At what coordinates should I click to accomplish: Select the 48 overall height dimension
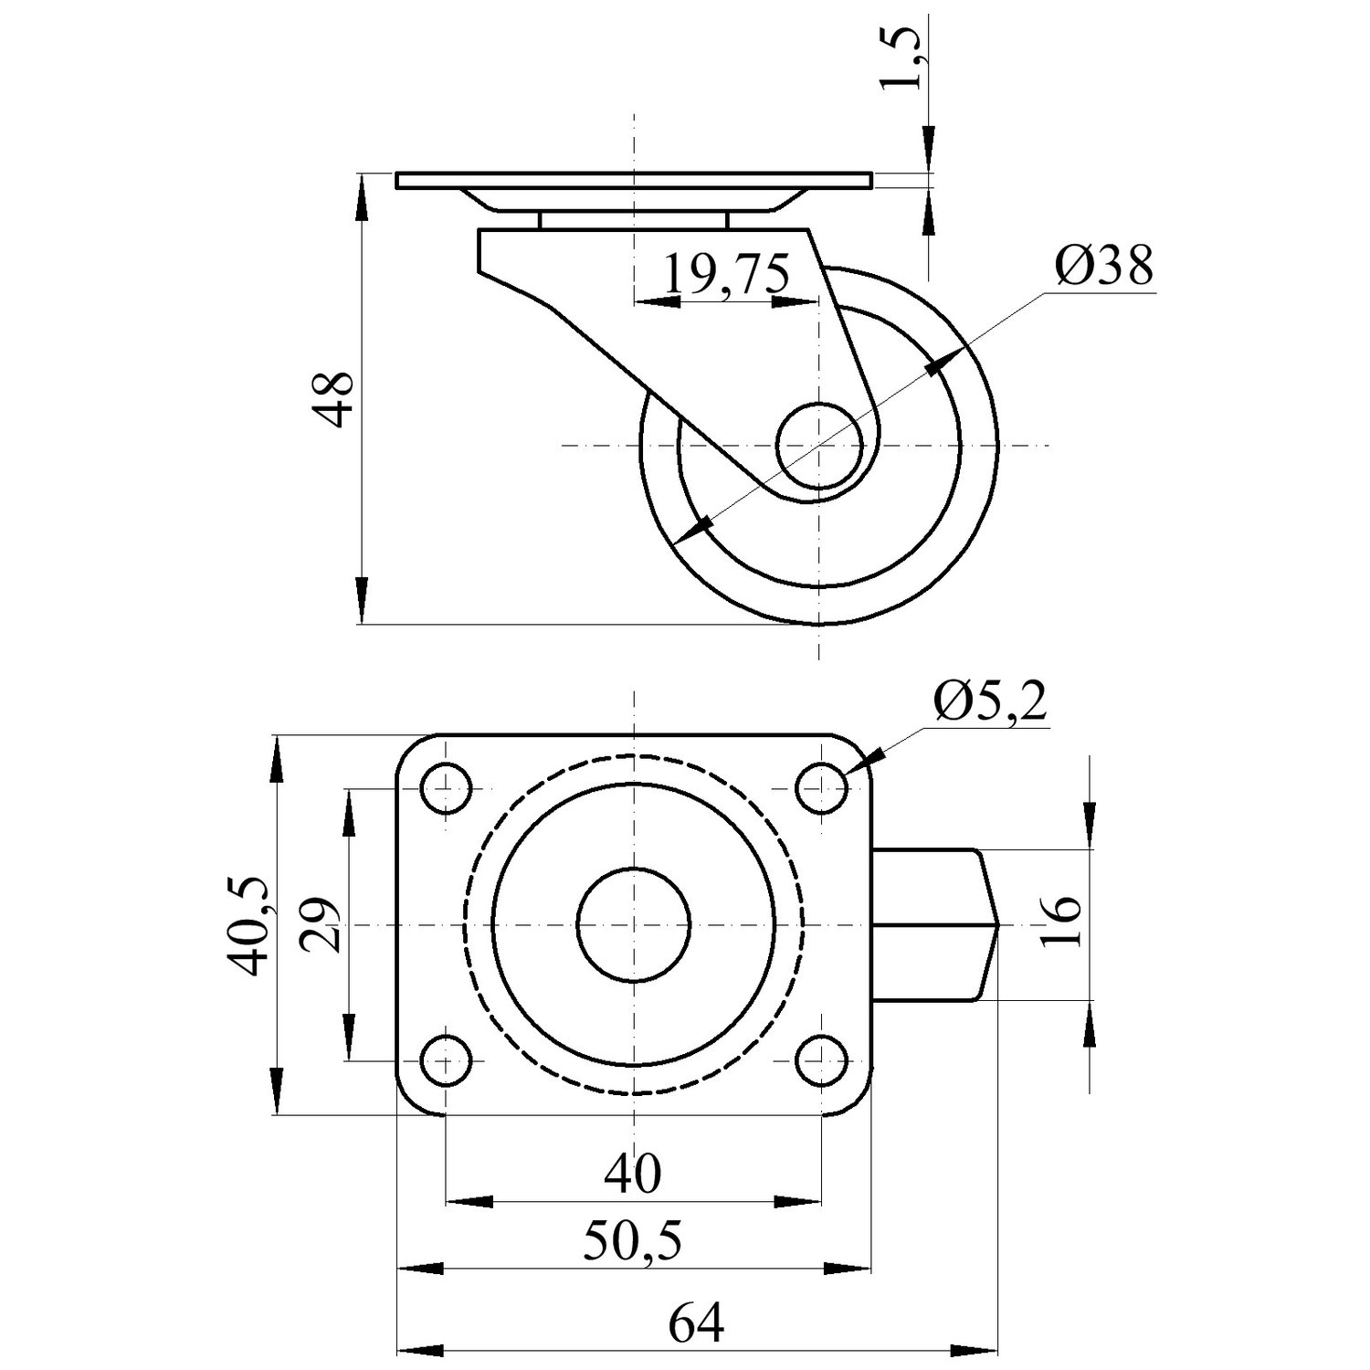click(x=331, y=399)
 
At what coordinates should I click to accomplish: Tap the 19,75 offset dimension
click(x=726, y=274)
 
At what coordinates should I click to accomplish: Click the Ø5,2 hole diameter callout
click(x=990, y=703)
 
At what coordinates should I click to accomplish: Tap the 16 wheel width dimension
click(x=1061, y=922)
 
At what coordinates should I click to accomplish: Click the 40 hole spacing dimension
click(x=633, y=1174)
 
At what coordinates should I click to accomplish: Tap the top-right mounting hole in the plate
click(x=821, y=787)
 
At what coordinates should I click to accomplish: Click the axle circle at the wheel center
click(x=819, y=446)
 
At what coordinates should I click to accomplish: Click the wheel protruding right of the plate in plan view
click(x=936, y=924)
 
